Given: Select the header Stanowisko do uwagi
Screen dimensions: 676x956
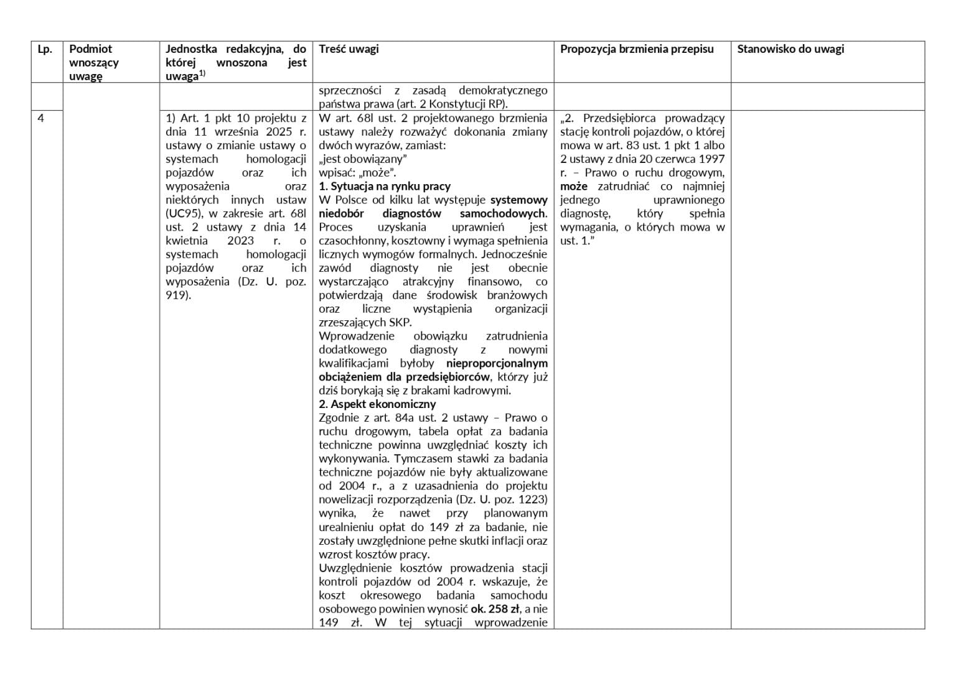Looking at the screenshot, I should pyautogui.click(x=790, y=49).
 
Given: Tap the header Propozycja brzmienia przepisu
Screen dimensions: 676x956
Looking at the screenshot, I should pyautogui.click(x=636, y=49).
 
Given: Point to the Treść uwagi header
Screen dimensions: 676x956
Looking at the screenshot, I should pyautogui.click(x=349, y=49).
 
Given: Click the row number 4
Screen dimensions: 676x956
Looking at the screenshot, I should pyautogui.click(x=41, y=118).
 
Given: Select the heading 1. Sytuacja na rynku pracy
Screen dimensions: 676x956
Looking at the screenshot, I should pyautogui.click(x=385, y=187).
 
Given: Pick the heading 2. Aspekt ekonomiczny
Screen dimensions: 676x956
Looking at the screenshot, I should pyautogui.click(x=377, y=404).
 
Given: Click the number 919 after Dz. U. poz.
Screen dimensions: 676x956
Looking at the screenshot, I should pyautogui.click(x=177, y=295).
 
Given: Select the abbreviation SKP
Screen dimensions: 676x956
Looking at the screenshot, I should pyautogui.click(x=400, y=323).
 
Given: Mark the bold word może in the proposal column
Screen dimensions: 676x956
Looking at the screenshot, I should pyautogui.click(x=574, y=187).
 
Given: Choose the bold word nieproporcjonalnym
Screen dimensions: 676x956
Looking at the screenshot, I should pyautogui.click(x=497, y=363).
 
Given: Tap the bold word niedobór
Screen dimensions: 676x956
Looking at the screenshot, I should pyautogui.click(x=341, y=214).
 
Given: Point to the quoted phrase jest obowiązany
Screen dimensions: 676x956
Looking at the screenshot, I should pyautogui.click(x=362, y=159).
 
